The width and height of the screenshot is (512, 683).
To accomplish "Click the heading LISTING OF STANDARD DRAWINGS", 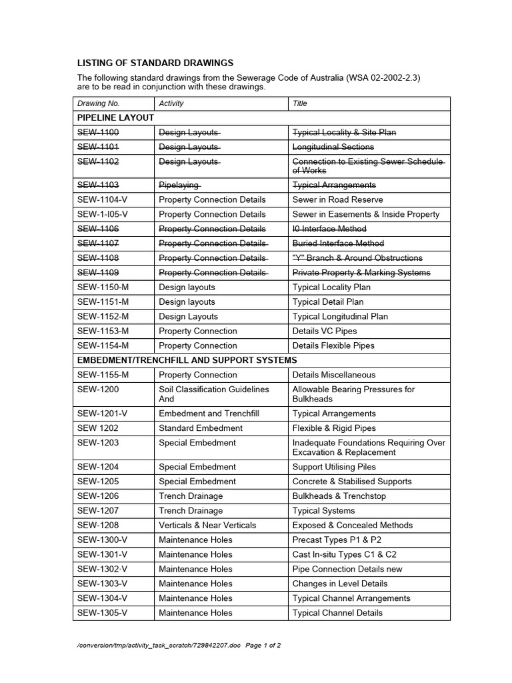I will point(155,63).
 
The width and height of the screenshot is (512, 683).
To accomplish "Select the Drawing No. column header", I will point(98,103).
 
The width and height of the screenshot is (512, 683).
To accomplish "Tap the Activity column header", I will point(171,103).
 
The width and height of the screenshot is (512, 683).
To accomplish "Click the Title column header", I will point(300,103).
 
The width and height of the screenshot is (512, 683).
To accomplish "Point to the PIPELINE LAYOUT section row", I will point(116,117).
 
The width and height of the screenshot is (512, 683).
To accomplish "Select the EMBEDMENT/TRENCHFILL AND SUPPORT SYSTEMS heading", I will point(187,360).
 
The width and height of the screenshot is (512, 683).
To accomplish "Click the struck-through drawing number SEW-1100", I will point(98,133).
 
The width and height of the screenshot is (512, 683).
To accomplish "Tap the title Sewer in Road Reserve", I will point(337,199).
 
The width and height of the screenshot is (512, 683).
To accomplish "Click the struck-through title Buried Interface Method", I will point(338,243).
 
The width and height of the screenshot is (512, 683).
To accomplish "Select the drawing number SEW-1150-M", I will point(103,287).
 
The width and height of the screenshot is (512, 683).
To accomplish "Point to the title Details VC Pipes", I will point(325,331).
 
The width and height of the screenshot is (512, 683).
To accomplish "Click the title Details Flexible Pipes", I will point(333,346).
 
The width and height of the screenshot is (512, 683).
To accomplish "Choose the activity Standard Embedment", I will point(201,428).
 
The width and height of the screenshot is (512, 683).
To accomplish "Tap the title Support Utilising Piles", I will point(334,467).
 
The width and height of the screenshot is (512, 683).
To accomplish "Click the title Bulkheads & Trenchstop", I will point(339,496).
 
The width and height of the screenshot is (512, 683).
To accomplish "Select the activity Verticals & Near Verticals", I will point(207,526).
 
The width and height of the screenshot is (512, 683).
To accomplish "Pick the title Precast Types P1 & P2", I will point(337,540).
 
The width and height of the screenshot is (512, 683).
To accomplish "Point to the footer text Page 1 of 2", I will point(263,646).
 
